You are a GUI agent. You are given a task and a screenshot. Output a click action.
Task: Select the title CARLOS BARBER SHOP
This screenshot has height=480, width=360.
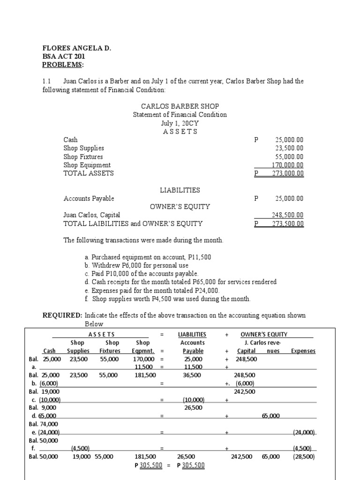180,106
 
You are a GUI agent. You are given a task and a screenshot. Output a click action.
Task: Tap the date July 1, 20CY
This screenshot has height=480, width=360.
180,123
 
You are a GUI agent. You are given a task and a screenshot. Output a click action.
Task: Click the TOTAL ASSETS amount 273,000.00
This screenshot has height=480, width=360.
288,173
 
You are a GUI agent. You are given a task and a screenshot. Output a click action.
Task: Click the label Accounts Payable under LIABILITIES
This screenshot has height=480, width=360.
89,198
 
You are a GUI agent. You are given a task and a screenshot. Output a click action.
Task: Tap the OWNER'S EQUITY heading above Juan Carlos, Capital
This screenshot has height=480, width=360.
180,207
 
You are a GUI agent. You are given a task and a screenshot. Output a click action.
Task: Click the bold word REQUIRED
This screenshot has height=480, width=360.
62,315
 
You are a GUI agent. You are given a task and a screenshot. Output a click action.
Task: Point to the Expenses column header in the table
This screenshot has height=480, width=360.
303,351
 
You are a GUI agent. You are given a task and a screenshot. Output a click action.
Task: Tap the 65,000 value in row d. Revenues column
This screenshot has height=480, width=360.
270,415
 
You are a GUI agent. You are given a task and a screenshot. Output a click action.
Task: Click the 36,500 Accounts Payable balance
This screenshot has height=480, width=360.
193,375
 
